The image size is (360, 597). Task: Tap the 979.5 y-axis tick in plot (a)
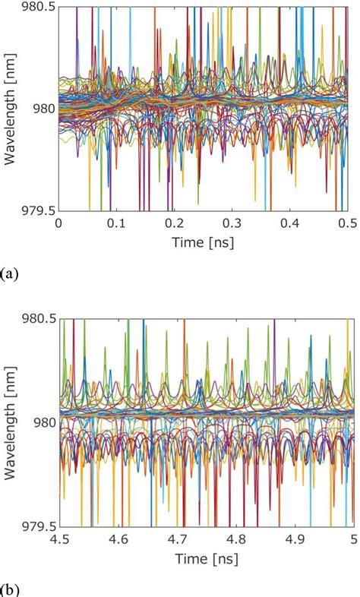[36, 210]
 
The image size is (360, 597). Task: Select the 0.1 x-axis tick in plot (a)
[116, 223]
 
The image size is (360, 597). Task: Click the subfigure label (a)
[10, 272]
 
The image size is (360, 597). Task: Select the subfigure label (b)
[10, 589]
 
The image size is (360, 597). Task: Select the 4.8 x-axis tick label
[235, 539]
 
